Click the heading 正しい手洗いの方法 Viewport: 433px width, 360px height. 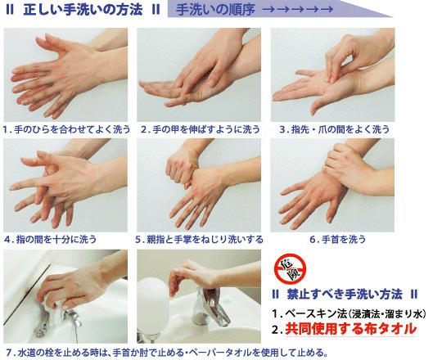pos(83,9)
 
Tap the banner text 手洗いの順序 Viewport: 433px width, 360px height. pos(215,10)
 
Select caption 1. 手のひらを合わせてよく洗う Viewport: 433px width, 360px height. pos(66,129)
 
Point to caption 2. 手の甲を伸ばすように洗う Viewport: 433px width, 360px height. pos(201,129)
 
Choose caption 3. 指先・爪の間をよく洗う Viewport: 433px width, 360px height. pos(335,129)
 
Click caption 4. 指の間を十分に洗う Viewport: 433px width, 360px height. pos(50,239)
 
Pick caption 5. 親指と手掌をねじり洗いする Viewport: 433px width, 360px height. pos(200,239)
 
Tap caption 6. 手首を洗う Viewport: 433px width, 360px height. pos(337,239)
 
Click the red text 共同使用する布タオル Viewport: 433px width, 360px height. pos(350,329)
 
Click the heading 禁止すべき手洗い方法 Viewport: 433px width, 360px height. pos(345,295)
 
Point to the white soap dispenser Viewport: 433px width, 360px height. pos(153,304)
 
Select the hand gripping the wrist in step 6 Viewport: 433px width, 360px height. pos(345,164)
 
